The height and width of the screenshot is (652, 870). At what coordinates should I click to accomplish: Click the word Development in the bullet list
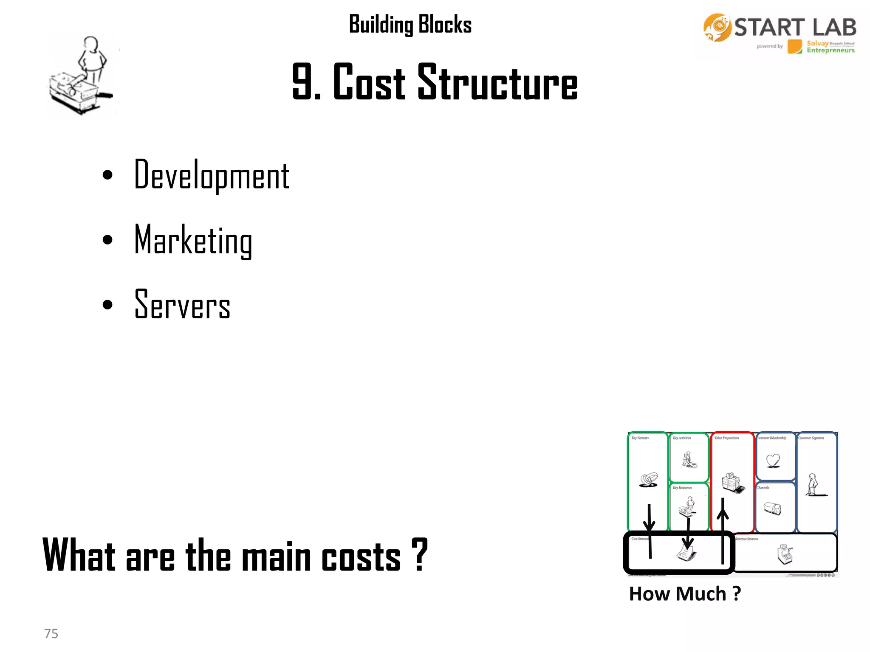[x=212, y=175]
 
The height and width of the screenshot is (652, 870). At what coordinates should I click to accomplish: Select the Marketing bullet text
[x=193, y=240]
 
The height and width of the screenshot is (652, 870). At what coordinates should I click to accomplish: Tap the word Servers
[x=182, y=304]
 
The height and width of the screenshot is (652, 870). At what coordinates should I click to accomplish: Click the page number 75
[x=51, y=633]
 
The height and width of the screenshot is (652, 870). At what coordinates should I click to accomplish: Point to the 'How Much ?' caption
[x=685, y=593]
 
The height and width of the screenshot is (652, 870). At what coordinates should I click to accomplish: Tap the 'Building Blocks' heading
[x=410, y=24]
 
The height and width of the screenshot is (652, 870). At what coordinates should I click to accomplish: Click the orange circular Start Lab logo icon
[x=717, y=28]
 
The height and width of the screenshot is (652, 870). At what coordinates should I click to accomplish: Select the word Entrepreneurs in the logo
[x=830, y=51]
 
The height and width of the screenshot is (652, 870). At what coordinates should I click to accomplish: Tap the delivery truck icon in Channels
[x=772, y=508]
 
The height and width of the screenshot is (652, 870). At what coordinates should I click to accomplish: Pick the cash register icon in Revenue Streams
[x=785, y=554]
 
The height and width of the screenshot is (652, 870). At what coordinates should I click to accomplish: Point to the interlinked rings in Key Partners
[x=649, y=480]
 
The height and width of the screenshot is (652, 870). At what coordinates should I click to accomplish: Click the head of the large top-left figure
[x=90, y=43]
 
